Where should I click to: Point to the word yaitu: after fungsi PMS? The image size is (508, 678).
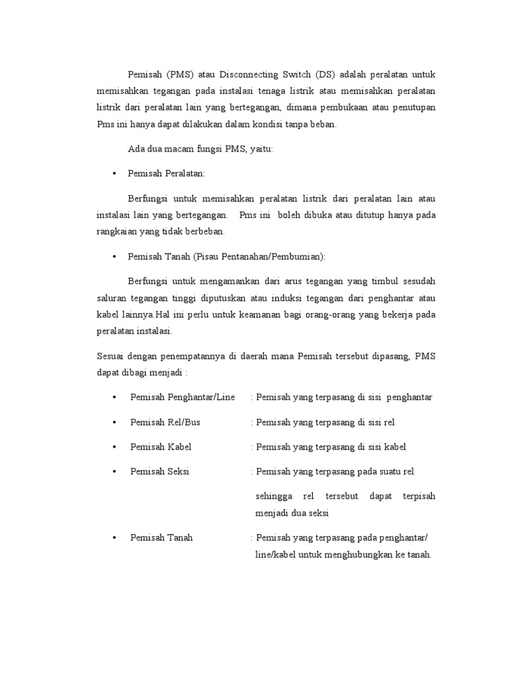pos(260,149)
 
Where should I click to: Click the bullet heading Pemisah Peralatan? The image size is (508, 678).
pos(167,173)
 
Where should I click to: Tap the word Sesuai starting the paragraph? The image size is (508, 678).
pos(111,356)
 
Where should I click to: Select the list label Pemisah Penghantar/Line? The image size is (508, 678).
pos(183,397)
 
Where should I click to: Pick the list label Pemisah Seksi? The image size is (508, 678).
pos(161,471)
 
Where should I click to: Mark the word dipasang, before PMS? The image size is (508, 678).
pos(389,356)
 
